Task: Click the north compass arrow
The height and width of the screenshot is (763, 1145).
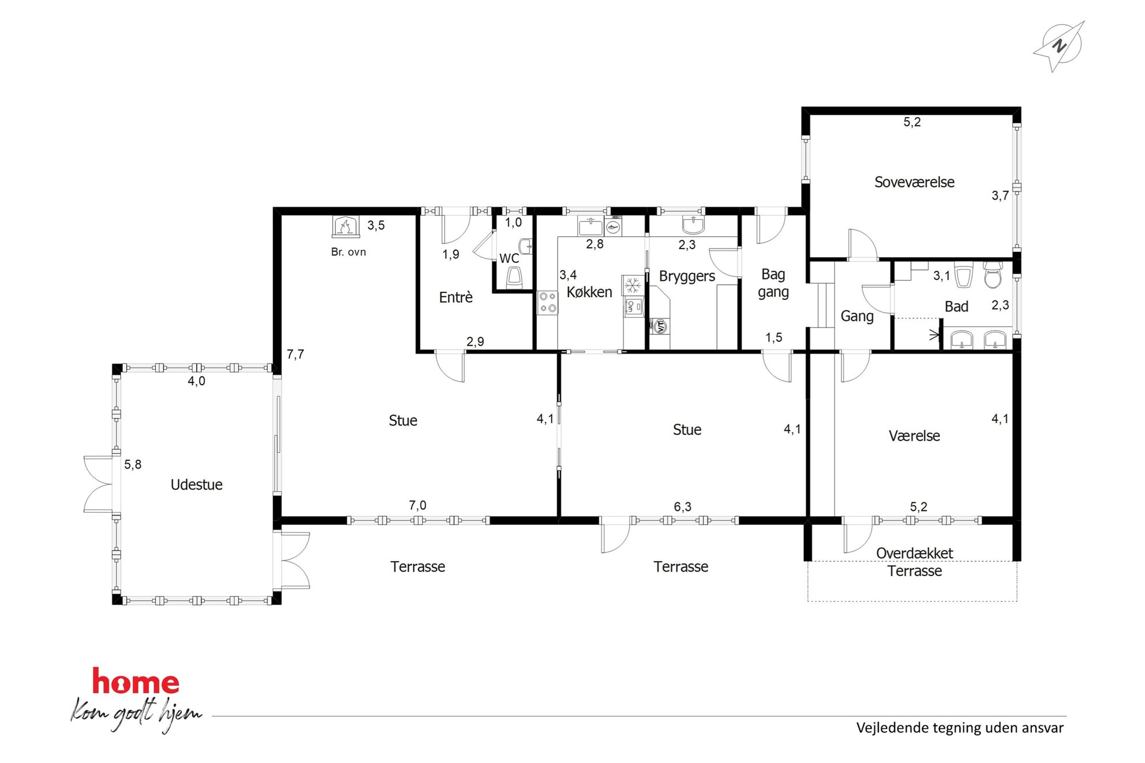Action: point(1058,46)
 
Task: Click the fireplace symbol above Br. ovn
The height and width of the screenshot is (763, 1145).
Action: point(346,226)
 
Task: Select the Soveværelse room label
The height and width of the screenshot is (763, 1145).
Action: point(914,182)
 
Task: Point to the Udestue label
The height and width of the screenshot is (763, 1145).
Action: point(196,484)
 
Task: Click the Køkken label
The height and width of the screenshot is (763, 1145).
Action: point(589,292)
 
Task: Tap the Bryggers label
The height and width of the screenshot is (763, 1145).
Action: point(687,277)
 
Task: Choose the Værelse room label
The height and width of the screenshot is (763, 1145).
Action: point(914,436)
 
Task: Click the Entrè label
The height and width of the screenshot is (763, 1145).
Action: point(455,297)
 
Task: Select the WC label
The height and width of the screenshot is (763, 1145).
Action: point(509,258)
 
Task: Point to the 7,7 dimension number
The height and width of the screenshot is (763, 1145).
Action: point(295,355)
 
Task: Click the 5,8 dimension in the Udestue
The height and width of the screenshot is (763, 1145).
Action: point(133,464)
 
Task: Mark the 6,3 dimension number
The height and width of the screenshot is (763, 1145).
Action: point(682,507)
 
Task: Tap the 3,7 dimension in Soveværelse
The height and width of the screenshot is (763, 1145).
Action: point(1000,196)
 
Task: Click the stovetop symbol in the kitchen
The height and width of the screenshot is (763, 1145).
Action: point(548,303)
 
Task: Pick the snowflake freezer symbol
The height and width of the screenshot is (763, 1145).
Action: point(633,285)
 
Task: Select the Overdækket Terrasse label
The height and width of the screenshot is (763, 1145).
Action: point(914,562)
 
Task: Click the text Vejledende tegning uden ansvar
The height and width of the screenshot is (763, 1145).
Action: point(960,728)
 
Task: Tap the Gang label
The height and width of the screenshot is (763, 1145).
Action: point(857,316)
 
